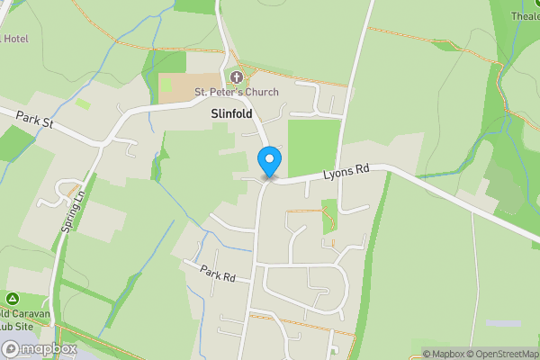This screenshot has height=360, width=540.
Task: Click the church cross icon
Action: (x=238, y=77)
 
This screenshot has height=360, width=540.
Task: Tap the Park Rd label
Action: (x=218, y=274)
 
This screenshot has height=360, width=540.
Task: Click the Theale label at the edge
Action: (x=525, y=16)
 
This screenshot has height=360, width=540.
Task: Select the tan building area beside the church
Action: (x=176, y=87)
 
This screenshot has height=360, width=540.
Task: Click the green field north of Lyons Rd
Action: (x=313, y=144)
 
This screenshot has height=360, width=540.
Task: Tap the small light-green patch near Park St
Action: (x=83, y=104)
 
